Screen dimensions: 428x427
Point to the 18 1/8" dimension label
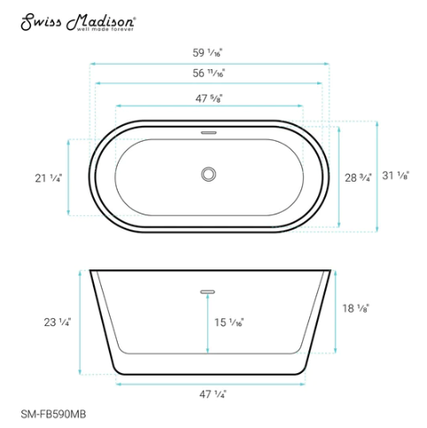tap(356, 307)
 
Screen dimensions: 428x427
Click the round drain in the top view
tap(209, 173)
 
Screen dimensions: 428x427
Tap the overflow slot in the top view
tap(209, 132)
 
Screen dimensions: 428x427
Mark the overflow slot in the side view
tap(209, 289)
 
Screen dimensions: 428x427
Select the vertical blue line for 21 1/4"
tap(70, 177)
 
